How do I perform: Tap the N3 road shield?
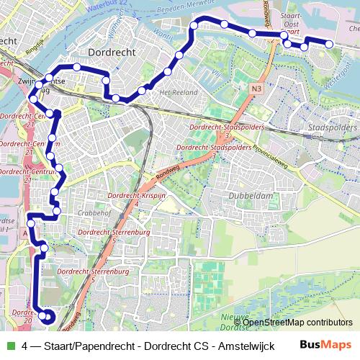(x=257, y=89)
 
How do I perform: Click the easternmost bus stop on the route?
(x=329, y=44)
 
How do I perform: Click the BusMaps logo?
(x=325, y=345)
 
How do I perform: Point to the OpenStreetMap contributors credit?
(x=298, y=322)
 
